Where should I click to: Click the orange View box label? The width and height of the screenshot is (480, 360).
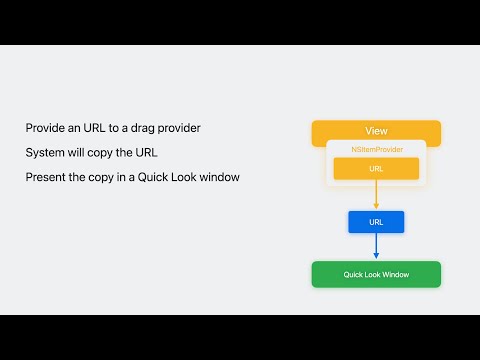point(376,131)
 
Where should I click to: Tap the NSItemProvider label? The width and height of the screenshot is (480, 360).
point(376,149)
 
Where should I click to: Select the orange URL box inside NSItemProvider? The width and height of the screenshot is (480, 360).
point(376,169)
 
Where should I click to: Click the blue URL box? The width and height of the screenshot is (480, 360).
point(376,221)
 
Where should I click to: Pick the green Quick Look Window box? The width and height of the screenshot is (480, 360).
point(376,274)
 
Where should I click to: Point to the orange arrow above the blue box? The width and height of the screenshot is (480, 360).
point(376,196)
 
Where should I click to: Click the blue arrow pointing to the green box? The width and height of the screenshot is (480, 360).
point(376,246)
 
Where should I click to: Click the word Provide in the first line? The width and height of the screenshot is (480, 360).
point(45,129)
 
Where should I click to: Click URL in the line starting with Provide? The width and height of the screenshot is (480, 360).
point(97,129)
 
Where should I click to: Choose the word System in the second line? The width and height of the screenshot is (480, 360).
point(45,153)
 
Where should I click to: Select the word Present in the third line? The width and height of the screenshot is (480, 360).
point(46,177)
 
